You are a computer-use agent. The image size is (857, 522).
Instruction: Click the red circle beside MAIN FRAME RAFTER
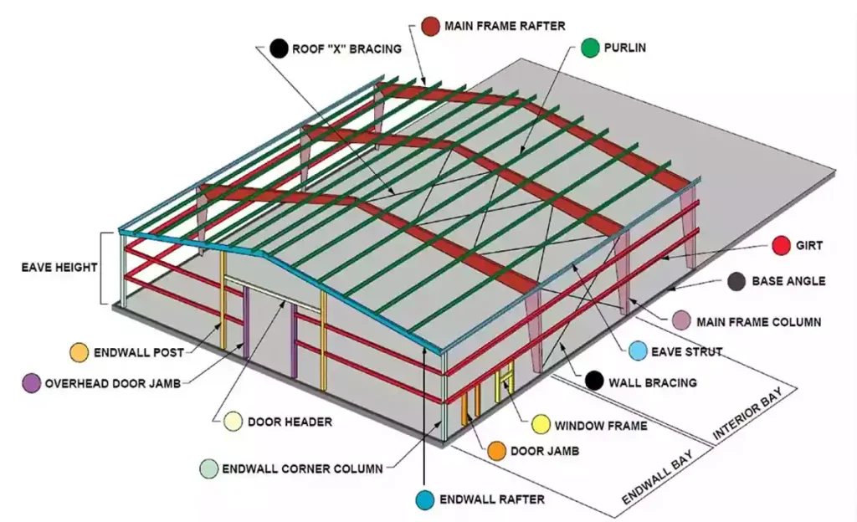(431, 26)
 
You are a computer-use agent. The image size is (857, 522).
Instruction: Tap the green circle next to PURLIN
(590, 48)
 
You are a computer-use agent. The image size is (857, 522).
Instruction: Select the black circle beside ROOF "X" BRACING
(279, 49)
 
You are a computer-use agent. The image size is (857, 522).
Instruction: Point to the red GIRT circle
(782, 246)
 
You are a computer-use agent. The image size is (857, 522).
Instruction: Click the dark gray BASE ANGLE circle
(736, 281)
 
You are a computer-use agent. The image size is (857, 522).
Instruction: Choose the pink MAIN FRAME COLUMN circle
(681, 321)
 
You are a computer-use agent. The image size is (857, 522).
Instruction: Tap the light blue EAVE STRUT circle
(638, 351)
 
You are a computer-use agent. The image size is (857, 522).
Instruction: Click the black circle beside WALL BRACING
(594, 381)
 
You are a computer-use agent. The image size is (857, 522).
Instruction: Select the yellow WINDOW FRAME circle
(541, 425)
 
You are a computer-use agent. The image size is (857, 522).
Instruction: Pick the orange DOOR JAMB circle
(497, 451)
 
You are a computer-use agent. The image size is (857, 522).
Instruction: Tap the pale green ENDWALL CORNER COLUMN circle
(208, 468)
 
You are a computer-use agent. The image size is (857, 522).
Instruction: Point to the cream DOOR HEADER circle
(233, 422)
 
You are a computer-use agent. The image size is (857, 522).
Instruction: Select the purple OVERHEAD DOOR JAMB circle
(31, 383)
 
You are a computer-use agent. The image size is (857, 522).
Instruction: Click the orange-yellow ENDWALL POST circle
(80, 352)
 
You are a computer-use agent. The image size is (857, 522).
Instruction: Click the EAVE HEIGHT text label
(59, 268)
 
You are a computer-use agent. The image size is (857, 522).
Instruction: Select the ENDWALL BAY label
(658, 477)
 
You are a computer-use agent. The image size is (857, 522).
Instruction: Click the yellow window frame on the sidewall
(505, 381)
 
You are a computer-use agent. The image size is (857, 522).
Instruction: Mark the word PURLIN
(624, 48)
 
